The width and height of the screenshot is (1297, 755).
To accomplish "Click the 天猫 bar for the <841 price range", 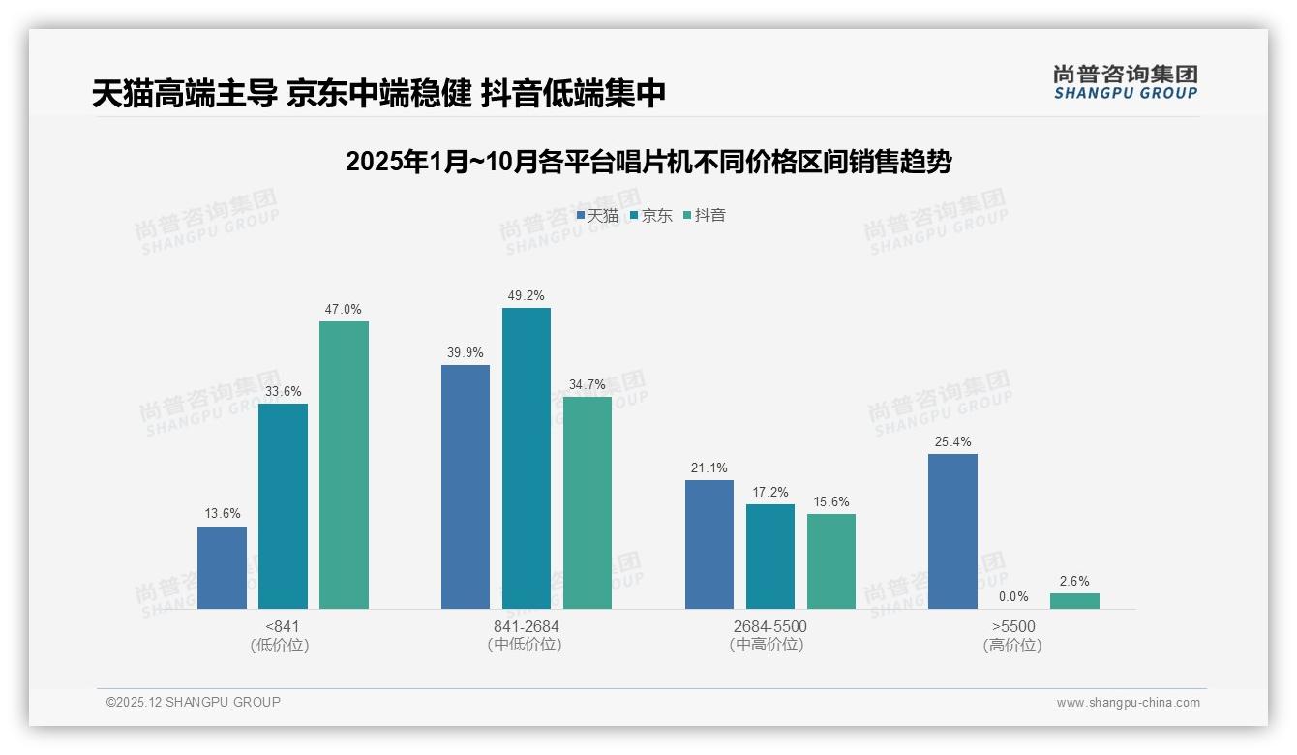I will (x=222, y=567).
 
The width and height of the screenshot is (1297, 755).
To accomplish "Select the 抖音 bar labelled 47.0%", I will (x=344, y=465).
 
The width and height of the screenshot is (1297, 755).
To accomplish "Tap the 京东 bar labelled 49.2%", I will (x=526, y=458).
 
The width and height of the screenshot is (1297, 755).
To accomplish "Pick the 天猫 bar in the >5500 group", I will (x=952, y=531).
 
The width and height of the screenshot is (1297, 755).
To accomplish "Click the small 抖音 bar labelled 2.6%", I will (x=1074, y=601).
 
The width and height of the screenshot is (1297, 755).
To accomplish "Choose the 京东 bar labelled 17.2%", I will (x=769, y=557).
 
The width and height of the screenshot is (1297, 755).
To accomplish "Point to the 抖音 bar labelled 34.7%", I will (x=587, y=502).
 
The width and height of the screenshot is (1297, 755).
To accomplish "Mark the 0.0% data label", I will (x=1013, y=596).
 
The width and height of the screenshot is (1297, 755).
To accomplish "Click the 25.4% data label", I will (x=952, y=442).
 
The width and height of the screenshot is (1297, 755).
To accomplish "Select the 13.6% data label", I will (x=222, y=514).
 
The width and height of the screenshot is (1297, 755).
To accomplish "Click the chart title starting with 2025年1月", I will (x=648, y=162).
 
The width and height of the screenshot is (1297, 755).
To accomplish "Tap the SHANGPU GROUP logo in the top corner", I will (x=1125, y=82).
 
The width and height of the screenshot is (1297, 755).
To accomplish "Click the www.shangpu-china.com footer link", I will (x=1128, y=703).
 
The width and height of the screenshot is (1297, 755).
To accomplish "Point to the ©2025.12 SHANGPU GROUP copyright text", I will (x=194, y=702).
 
